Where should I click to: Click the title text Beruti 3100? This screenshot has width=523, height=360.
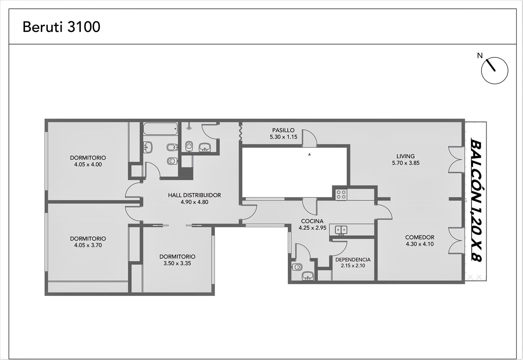61,27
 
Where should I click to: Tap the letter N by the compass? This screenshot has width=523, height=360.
480,56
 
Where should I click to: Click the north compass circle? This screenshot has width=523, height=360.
495,71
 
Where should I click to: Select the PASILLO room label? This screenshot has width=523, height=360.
283,130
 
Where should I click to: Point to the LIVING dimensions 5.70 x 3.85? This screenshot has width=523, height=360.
406,163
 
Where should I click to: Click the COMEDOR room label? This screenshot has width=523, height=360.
420,237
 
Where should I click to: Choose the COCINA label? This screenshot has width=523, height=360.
312,221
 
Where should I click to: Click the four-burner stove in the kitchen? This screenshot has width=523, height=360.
341,195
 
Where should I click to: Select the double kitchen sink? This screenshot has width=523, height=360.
341,230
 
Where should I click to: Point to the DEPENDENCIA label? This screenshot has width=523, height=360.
353,260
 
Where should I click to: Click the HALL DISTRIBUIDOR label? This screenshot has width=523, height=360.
194,195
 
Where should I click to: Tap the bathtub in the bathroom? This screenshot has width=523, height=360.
160,129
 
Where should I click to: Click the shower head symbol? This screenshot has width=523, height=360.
189,127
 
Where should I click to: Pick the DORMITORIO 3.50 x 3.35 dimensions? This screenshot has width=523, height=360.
177,263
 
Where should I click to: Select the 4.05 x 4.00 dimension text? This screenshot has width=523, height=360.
88,164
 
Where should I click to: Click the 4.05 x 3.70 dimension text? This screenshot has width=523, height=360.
88,245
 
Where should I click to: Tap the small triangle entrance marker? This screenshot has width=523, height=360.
309,154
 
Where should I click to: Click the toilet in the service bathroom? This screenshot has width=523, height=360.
297,267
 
